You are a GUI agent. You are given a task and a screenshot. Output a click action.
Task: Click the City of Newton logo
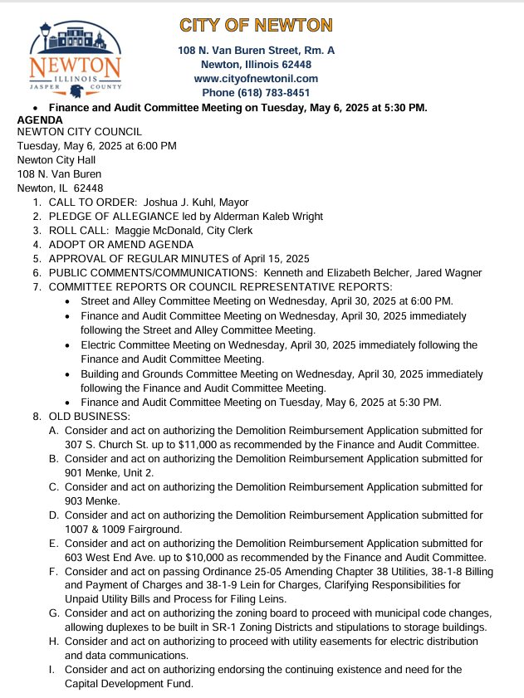click(76, 58)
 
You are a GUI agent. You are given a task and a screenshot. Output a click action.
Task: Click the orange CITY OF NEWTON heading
click(256, 25)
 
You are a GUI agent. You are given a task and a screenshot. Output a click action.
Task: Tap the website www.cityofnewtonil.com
click(256, 79)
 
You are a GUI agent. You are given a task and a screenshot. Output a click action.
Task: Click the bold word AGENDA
click(40, 120)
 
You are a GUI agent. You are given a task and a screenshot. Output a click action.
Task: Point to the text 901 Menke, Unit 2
click(109, 472)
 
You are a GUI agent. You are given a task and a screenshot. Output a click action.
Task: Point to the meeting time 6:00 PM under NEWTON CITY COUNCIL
click(155, 146)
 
